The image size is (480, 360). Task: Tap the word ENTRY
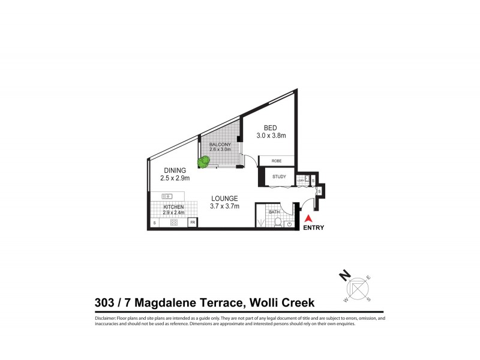(x=313, y=228)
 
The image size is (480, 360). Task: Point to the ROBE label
(x=277, y=161)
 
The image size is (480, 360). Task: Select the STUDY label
(x=279, y=177)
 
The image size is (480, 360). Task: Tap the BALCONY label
(x=220, y=145)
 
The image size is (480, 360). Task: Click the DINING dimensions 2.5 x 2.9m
(x=175, y=179)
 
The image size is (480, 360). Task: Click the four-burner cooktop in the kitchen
(x=174, y=223)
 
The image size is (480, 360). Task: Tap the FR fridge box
(x=193, y=223)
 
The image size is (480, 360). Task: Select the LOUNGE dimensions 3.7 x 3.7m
(x=224, y=206)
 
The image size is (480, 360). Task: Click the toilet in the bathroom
(x=278, y=223)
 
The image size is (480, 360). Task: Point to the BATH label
(x=274, y=212)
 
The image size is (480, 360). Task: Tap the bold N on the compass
(x=344, y=275)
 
